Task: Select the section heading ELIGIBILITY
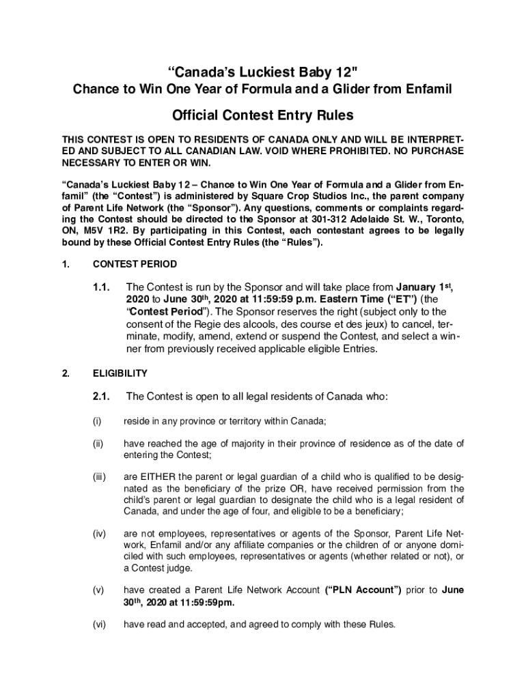click(120, 373)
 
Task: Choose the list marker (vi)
click(100, 624)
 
